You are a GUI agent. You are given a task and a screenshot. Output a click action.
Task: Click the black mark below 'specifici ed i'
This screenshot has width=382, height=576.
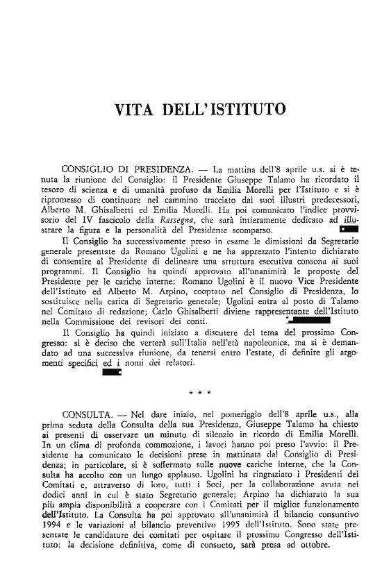point(112,373)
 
